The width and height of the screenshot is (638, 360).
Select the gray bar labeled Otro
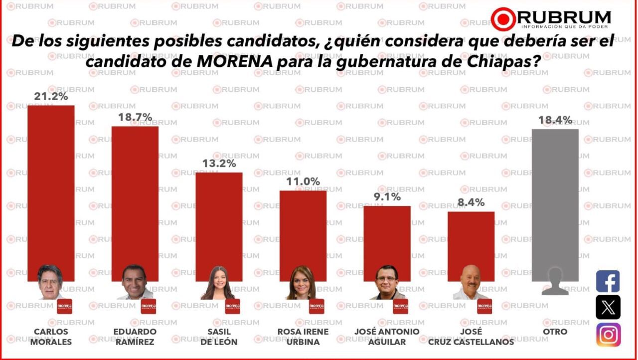point(555,199)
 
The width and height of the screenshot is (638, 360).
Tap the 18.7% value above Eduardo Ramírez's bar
point(135,118)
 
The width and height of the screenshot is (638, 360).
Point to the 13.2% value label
point(219,164)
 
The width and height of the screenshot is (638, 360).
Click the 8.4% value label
point(471,203)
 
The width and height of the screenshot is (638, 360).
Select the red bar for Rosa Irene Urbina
point(303,229)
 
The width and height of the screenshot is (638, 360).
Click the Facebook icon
point(608,281)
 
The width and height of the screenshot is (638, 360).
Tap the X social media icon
point(608,307)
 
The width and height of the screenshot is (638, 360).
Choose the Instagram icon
point(608,335)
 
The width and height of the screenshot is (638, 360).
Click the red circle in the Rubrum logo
point(503,19)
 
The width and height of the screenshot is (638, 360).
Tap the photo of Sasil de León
point(217,283)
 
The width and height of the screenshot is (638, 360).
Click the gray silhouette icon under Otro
point(555,282)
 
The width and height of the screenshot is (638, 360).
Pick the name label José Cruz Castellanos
point(471,337)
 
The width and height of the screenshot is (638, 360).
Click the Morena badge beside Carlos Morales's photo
point(64,306)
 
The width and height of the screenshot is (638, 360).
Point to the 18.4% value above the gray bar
point(555,120)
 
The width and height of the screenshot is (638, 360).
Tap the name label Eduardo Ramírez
point(135,337)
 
